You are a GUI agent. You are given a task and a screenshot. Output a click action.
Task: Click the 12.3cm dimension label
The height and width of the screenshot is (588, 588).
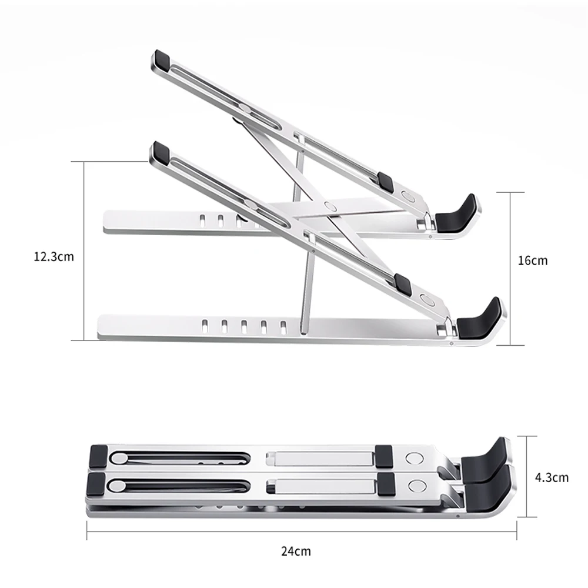(x=54, y=256)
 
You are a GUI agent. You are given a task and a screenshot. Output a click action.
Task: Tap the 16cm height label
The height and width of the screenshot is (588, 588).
(x=532, y=260)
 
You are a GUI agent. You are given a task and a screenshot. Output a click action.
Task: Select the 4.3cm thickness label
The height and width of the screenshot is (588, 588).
(x=552, y=477)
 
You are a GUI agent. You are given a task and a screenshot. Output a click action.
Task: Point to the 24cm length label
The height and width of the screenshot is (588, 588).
(x=296, y=551)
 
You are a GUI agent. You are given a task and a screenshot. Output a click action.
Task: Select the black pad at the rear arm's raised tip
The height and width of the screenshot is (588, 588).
(x=161, y=59)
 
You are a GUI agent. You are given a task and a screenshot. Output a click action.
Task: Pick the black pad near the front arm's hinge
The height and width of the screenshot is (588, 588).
(x=403, y=284)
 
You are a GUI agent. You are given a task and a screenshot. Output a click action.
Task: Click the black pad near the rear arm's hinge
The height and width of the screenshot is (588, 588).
(x=386, y=182)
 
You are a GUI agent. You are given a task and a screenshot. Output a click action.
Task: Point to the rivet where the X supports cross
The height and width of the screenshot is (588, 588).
(x=330, y=206)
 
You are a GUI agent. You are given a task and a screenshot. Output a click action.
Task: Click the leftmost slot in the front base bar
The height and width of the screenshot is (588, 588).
(x=204, y=325)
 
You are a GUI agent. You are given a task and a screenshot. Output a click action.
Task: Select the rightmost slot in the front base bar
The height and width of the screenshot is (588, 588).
(x=283, y=325)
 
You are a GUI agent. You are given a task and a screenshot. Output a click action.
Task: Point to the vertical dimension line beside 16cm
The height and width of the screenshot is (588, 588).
(x=510, y=268)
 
